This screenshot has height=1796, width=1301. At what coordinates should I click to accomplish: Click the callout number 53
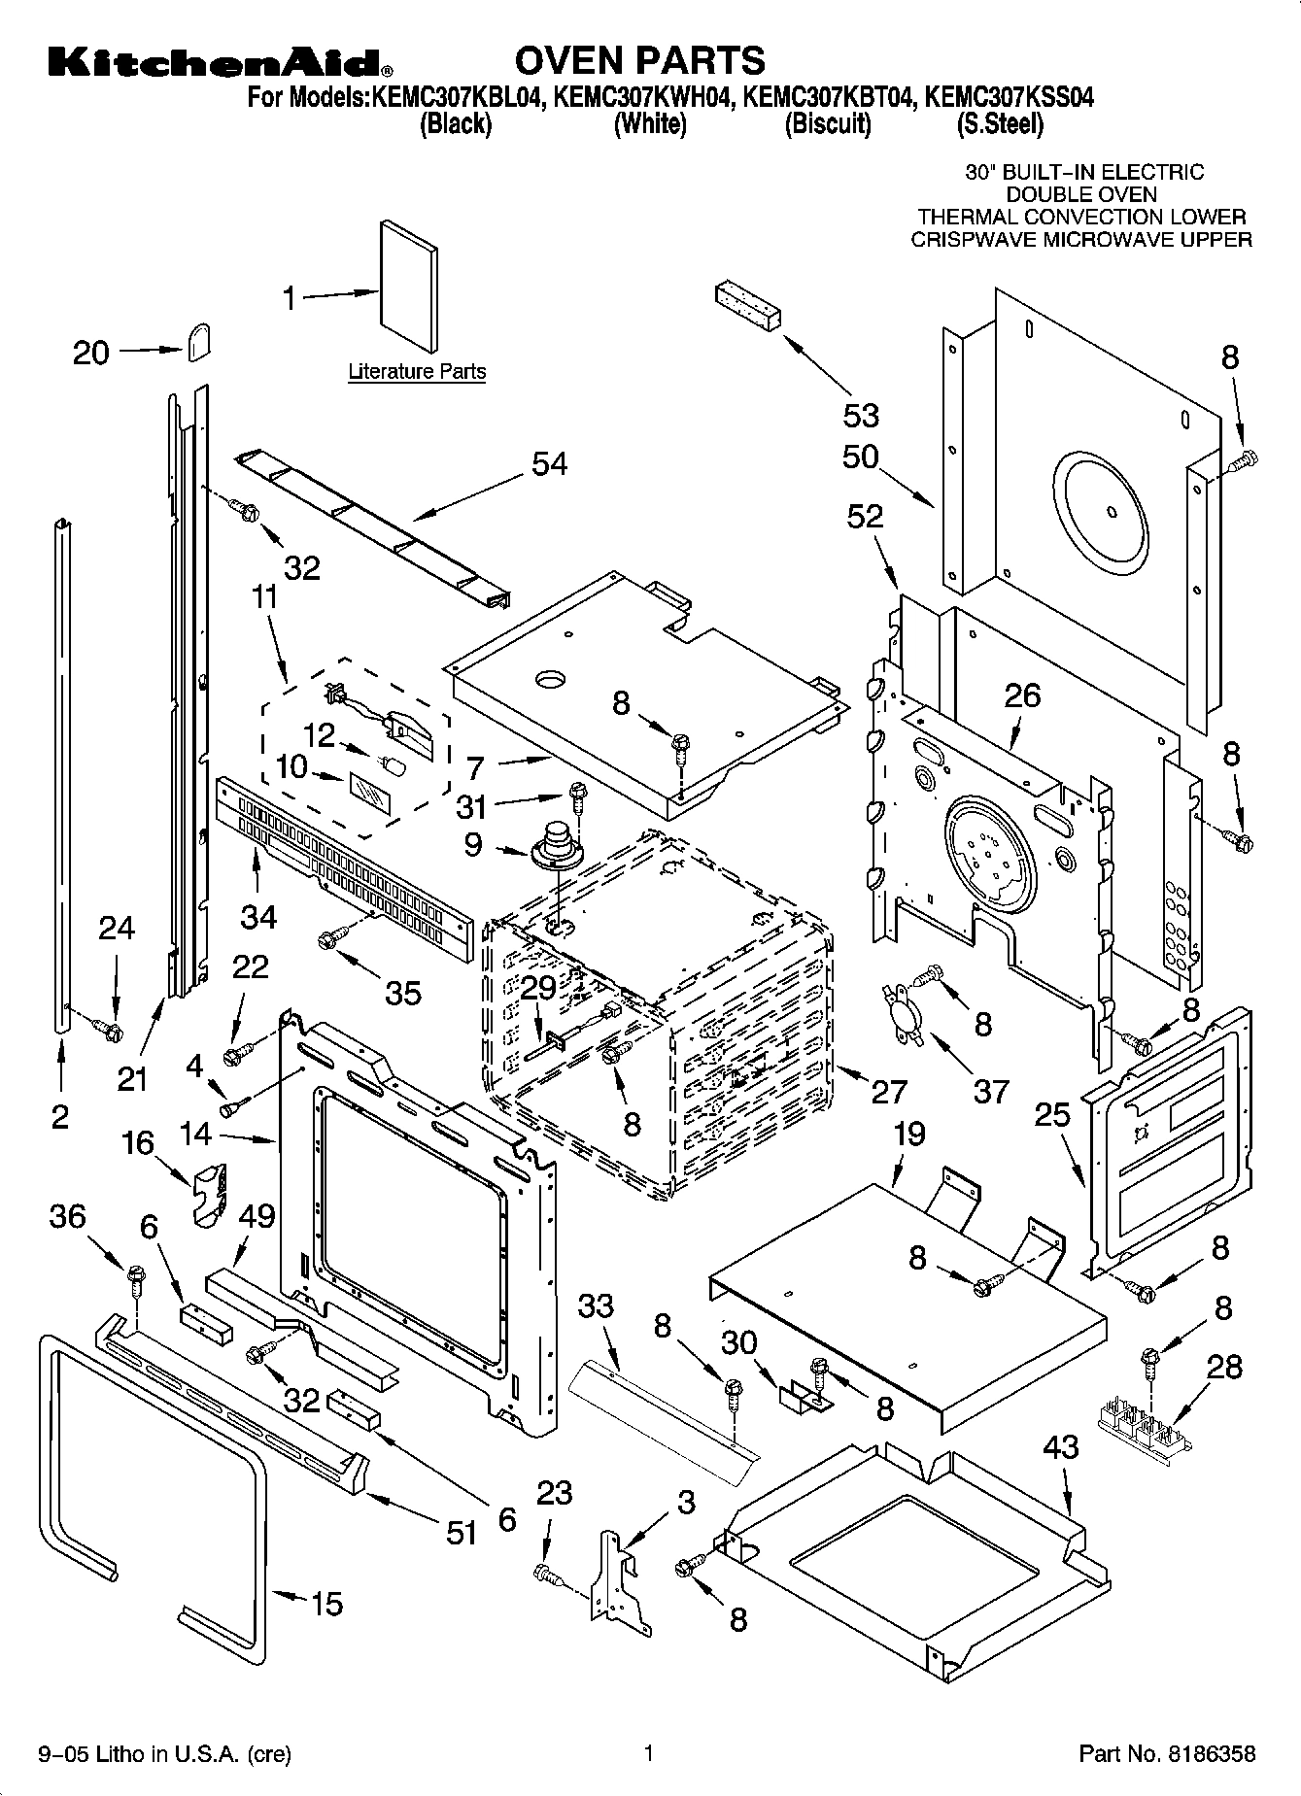click(x=861, y=416)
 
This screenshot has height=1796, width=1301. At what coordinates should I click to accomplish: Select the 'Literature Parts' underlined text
click(x=417, y=371)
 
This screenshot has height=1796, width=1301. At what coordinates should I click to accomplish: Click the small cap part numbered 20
click(x=198, y=341)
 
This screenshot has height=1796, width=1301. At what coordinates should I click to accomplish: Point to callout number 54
click(x=549, y=464)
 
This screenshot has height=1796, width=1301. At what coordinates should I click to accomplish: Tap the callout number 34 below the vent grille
click(x=257, y=916)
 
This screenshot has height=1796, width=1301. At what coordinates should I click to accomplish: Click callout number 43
click(x=1060, y=1447)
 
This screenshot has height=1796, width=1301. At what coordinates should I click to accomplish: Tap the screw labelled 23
click(x=547, y=1573)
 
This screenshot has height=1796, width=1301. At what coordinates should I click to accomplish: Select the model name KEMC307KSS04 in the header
click(x=1009, y=97)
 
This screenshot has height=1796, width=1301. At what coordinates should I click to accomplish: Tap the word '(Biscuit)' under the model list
click(x=828, y=123)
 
